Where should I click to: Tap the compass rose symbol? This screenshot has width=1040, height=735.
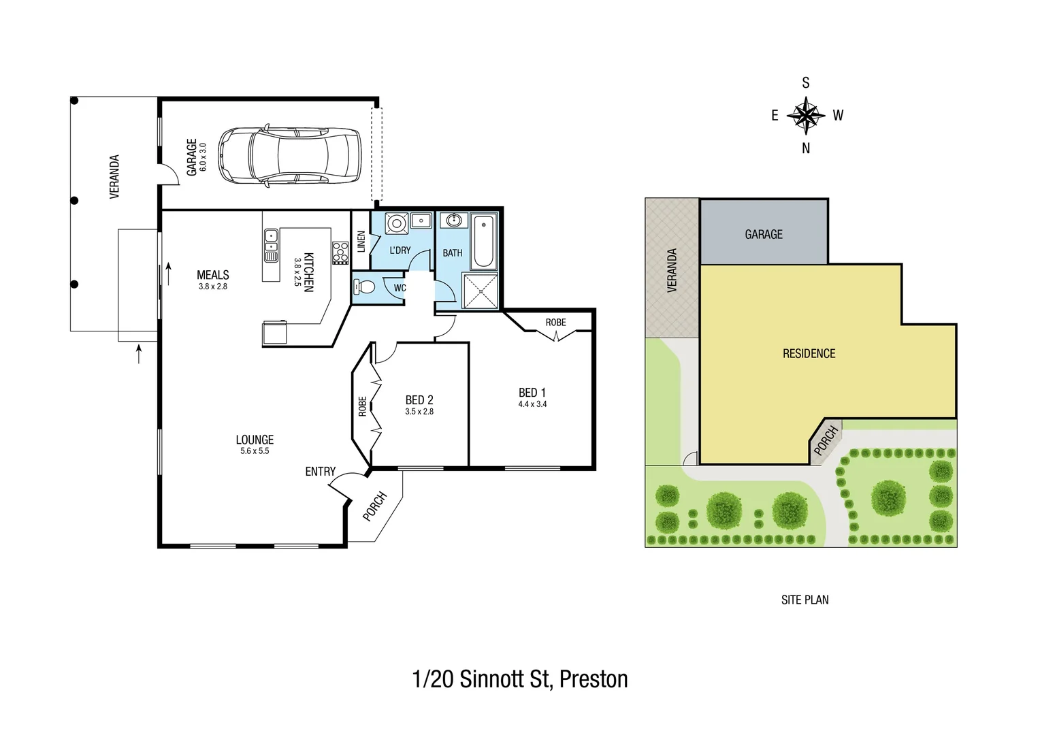pos(806,115)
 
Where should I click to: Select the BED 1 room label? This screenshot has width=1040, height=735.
pos(532,393)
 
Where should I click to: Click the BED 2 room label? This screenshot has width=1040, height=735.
pos(419,400)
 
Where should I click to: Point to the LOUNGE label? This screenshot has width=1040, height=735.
pos(255,440)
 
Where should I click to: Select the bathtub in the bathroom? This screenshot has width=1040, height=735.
pos(484,242)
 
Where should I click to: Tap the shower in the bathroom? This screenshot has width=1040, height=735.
pos(481,291)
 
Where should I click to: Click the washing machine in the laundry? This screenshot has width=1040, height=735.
pos(395,223)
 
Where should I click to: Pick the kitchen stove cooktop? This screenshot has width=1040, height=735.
pos(340,252)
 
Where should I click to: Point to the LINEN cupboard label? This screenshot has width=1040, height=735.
pos(361,242)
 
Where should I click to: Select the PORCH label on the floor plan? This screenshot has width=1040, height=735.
pos(374,506)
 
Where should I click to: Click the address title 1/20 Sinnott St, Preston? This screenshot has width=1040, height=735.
pos(520,679)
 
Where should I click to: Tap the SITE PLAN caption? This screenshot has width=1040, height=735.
pos(805,600)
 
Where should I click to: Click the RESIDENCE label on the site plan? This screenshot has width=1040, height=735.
pos(809,353)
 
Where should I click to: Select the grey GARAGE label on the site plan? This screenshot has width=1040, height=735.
pos(764,234)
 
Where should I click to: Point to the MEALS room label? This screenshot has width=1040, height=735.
pos(212,275)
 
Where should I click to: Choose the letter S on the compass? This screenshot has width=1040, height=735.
pos(806,83)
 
